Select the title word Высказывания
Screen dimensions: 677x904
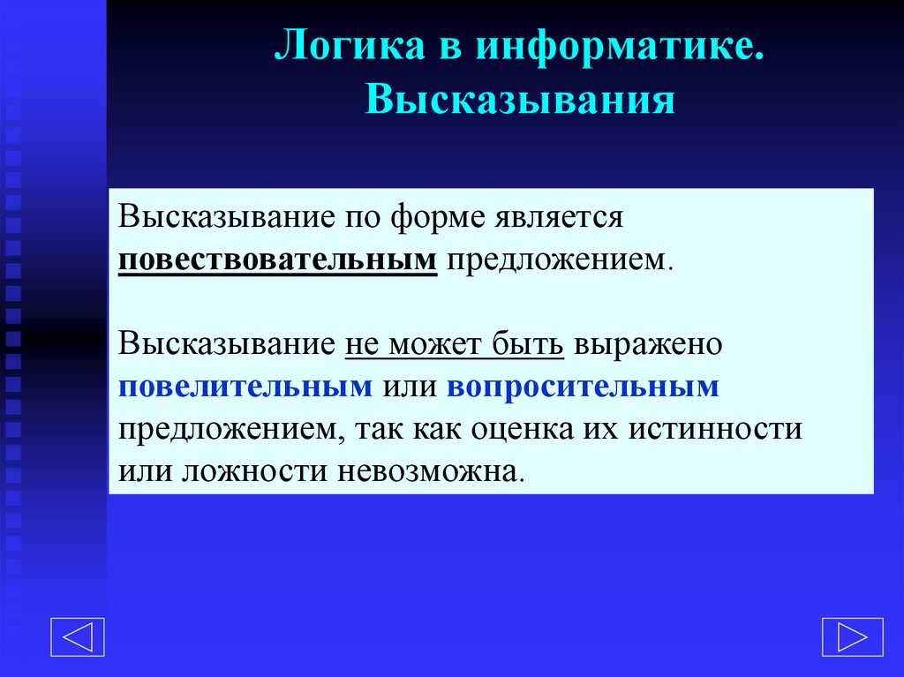coord(521,100)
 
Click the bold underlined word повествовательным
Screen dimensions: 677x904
coord(279,260)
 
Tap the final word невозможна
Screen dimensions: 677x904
coord(430,470)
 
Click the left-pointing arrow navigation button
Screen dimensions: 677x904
coord(77,636)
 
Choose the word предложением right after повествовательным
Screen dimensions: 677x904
coord(555,260)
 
